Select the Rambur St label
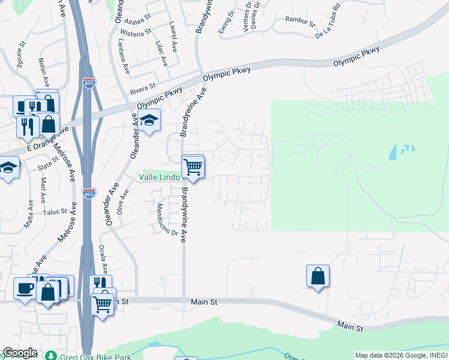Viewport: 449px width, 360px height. tap(300, 24)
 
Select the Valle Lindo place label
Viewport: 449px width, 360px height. tap(159, 177)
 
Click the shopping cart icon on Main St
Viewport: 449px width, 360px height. tap(103, 305)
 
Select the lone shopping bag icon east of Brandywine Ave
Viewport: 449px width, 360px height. tap(318, 277)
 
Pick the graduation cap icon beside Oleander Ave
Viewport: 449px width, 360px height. tap(148, 121)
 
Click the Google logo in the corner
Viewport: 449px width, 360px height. tap(20, 353)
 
